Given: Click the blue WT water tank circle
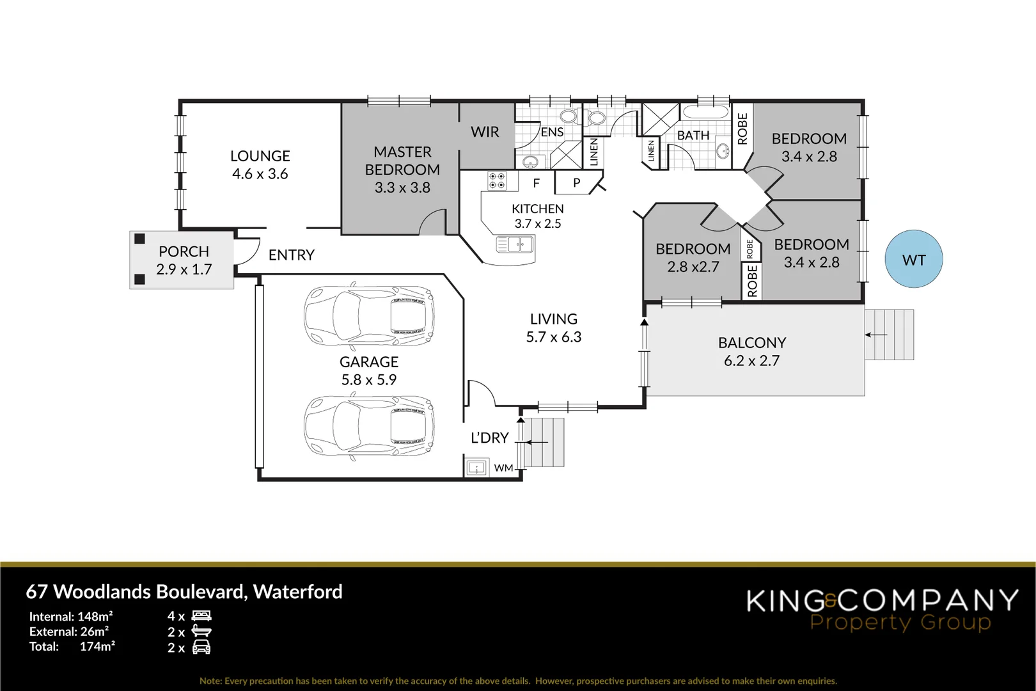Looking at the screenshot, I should coord(913,259).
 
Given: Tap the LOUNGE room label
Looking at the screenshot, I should coord(260,155).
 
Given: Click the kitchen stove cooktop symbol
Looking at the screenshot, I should coord(496,180).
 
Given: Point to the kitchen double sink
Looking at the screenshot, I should coord(515,244).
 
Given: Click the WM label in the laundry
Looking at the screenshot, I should coord(503,468).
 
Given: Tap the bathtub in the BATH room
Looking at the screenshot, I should coord(705,112).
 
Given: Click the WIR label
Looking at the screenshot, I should coord(485,132).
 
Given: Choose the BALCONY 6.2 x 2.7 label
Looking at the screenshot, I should coord(752,351).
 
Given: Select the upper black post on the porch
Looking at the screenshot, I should coord(139,239).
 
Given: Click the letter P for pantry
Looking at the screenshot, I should coord(576,183).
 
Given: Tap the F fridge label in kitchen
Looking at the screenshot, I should coord(536,183).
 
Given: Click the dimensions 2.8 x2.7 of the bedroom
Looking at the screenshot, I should coord(693,267).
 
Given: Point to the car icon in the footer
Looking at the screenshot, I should coord(201,647).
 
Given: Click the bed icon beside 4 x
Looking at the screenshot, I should coord(201,616).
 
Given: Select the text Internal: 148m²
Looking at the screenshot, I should coord(71,617).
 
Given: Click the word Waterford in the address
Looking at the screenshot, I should coord(298,591).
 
